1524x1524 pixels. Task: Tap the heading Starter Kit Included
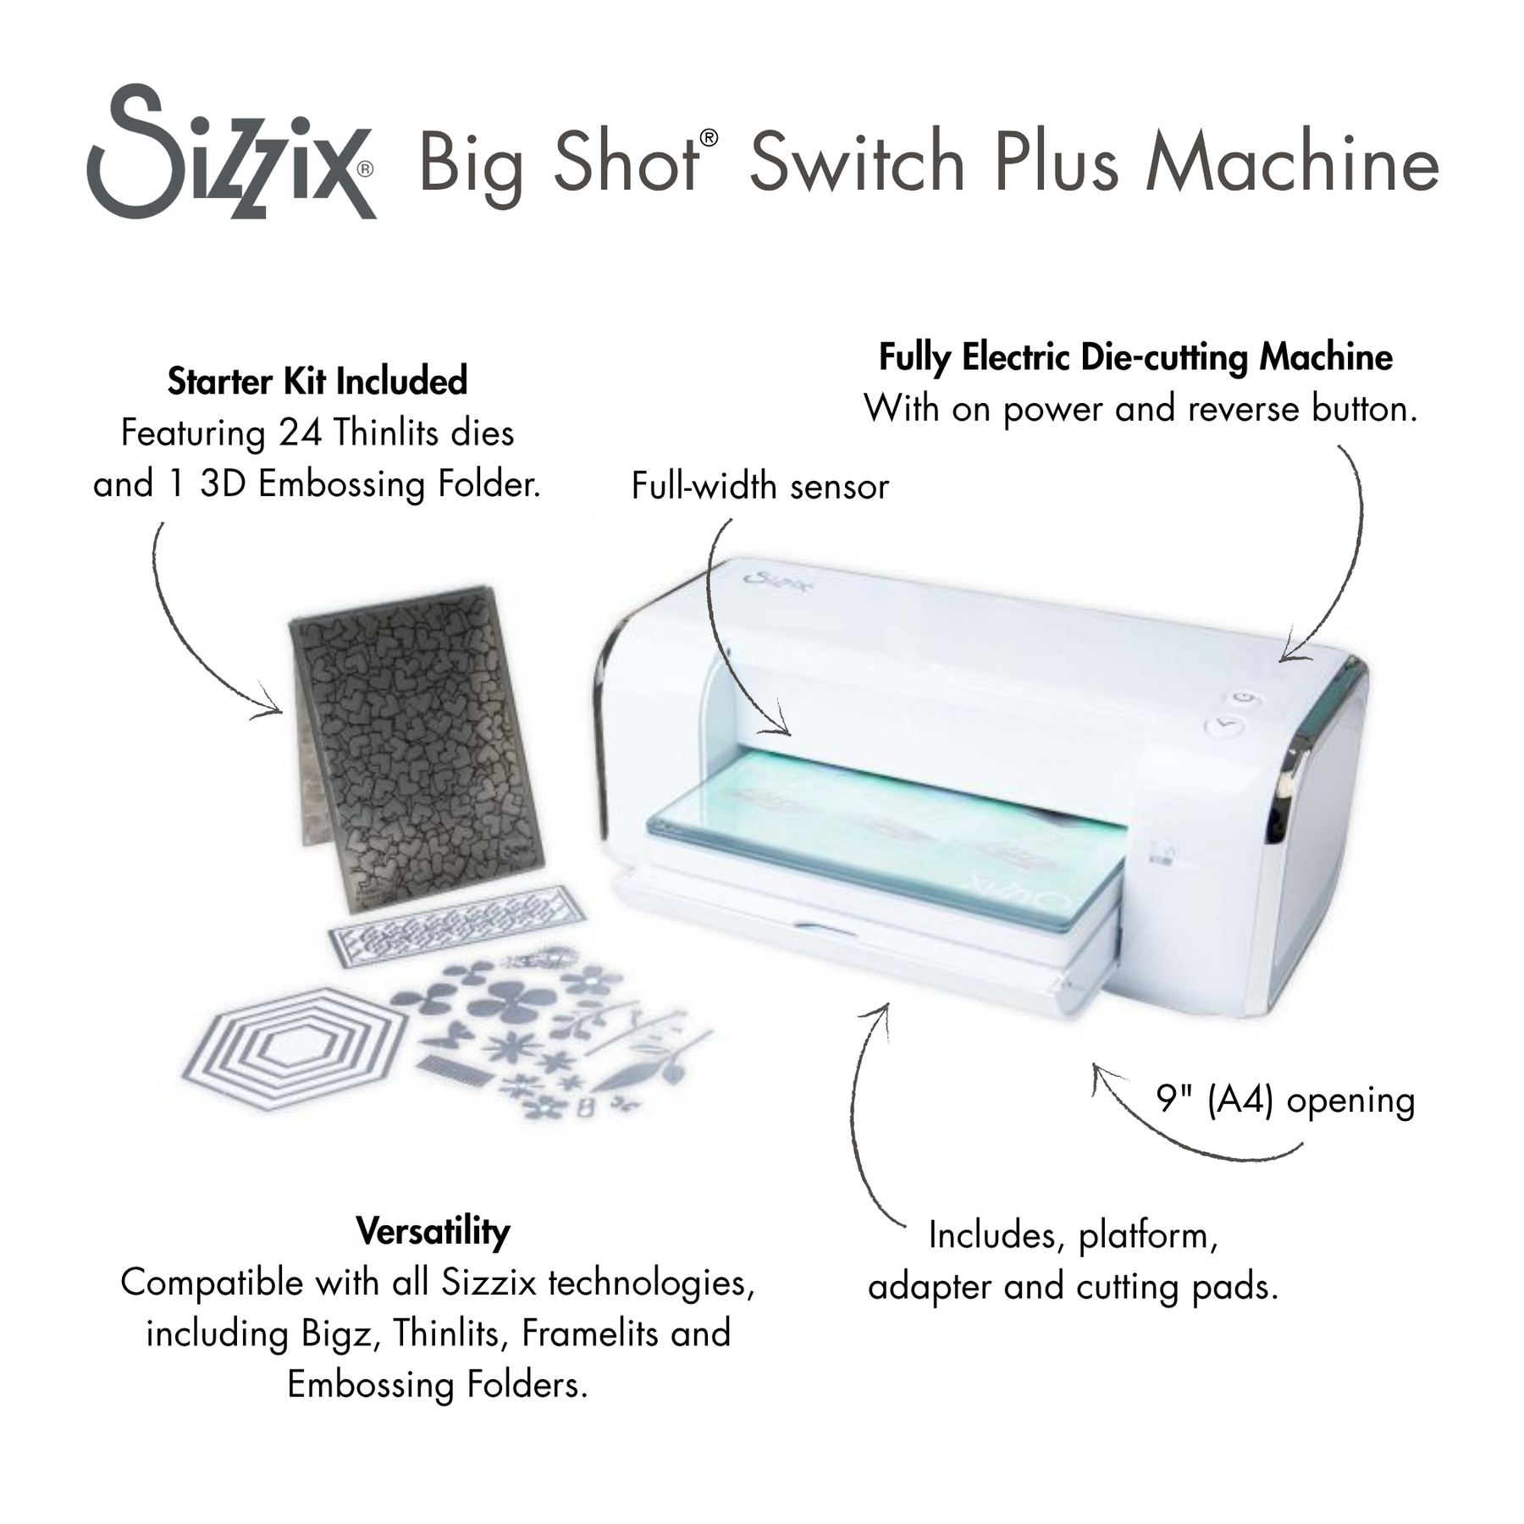click(317, 381)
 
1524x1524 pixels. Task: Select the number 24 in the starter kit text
click(301, 433)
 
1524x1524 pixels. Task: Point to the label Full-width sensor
click(759, 487)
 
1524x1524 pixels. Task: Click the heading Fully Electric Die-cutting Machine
click(1135, 357)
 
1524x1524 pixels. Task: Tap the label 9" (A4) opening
click(1284, 1101)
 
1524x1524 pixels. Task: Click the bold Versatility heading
click(433, 1231)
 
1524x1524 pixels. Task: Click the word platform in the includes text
click(1147, 1235)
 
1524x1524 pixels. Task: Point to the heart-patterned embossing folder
click(415, 745)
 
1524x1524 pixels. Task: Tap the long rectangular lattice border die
click(457, 923)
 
